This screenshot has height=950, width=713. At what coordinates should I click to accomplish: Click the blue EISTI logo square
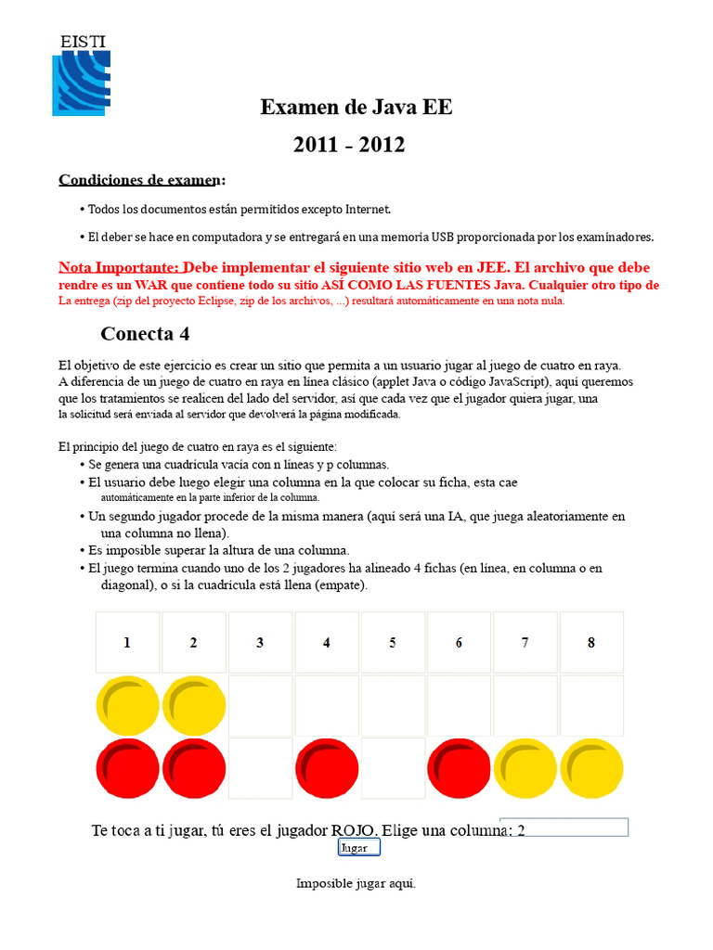82,83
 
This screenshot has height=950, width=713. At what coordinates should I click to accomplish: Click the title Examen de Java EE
356,107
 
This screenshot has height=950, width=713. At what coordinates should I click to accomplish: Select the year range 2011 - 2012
349,145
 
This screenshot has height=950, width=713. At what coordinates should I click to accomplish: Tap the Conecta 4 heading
145,333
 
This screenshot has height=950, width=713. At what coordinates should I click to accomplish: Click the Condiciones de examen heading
142,179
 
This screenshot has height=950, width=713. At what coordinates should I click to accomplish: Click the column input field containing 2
564,828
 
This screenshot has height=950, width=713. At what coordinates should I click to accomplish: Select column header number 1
127,642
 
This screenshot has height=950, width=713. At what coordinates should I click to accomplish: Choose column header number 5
393,642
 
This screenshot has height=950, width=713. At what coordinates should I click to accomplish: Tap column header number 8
591,642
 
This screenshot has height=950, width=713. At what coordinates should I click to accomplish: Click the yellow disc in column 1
127,706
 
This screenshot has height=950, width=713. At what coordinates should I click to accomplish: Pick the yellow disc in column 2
194,706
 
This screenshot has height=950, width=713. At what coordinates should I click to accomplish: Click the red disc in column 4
327,768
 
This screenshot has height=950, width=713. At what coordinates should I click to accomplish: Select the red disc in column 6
459,768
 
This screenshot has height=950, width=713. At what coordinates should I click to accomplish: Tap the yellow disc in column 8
591,768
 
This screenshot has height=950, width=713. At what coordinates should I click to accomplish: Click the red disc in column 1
127,768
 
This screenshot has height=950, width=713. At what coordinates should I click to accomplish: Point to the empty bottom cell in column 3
260,768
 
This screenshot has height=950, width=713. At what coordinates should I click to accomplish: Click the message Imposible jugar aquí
356,883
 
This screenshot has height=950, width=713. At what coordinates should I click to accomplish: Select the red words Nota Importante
118,267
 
